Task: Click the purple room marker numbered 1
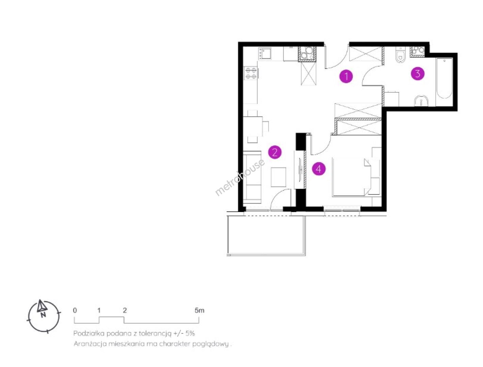click(x=346, y=76)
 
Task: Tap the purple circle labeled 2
click(x=275, y=152)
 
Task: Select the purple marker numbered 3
click(x=418, y=74)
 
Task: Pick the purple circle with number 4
click(x=319, y=169)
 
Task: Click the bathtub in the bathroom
click(x=444, y=78)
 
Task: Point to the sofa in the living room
click(x=252, y=177)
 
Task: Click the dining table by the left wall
click(x=253, y=126)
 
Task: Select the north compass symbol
click(x=43, y=316)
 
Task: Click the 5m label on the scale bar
click(x=199, y=310)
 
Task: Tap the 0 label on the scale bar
click(x=75, y=310)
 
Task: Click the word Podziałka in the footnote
click(x=89, y=333)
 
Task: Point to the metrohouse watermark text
click(x=240, y=177)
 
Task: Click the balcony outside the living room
click(x=266, y=235)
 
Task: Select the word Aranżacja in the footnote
click(x=90, y=344)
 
